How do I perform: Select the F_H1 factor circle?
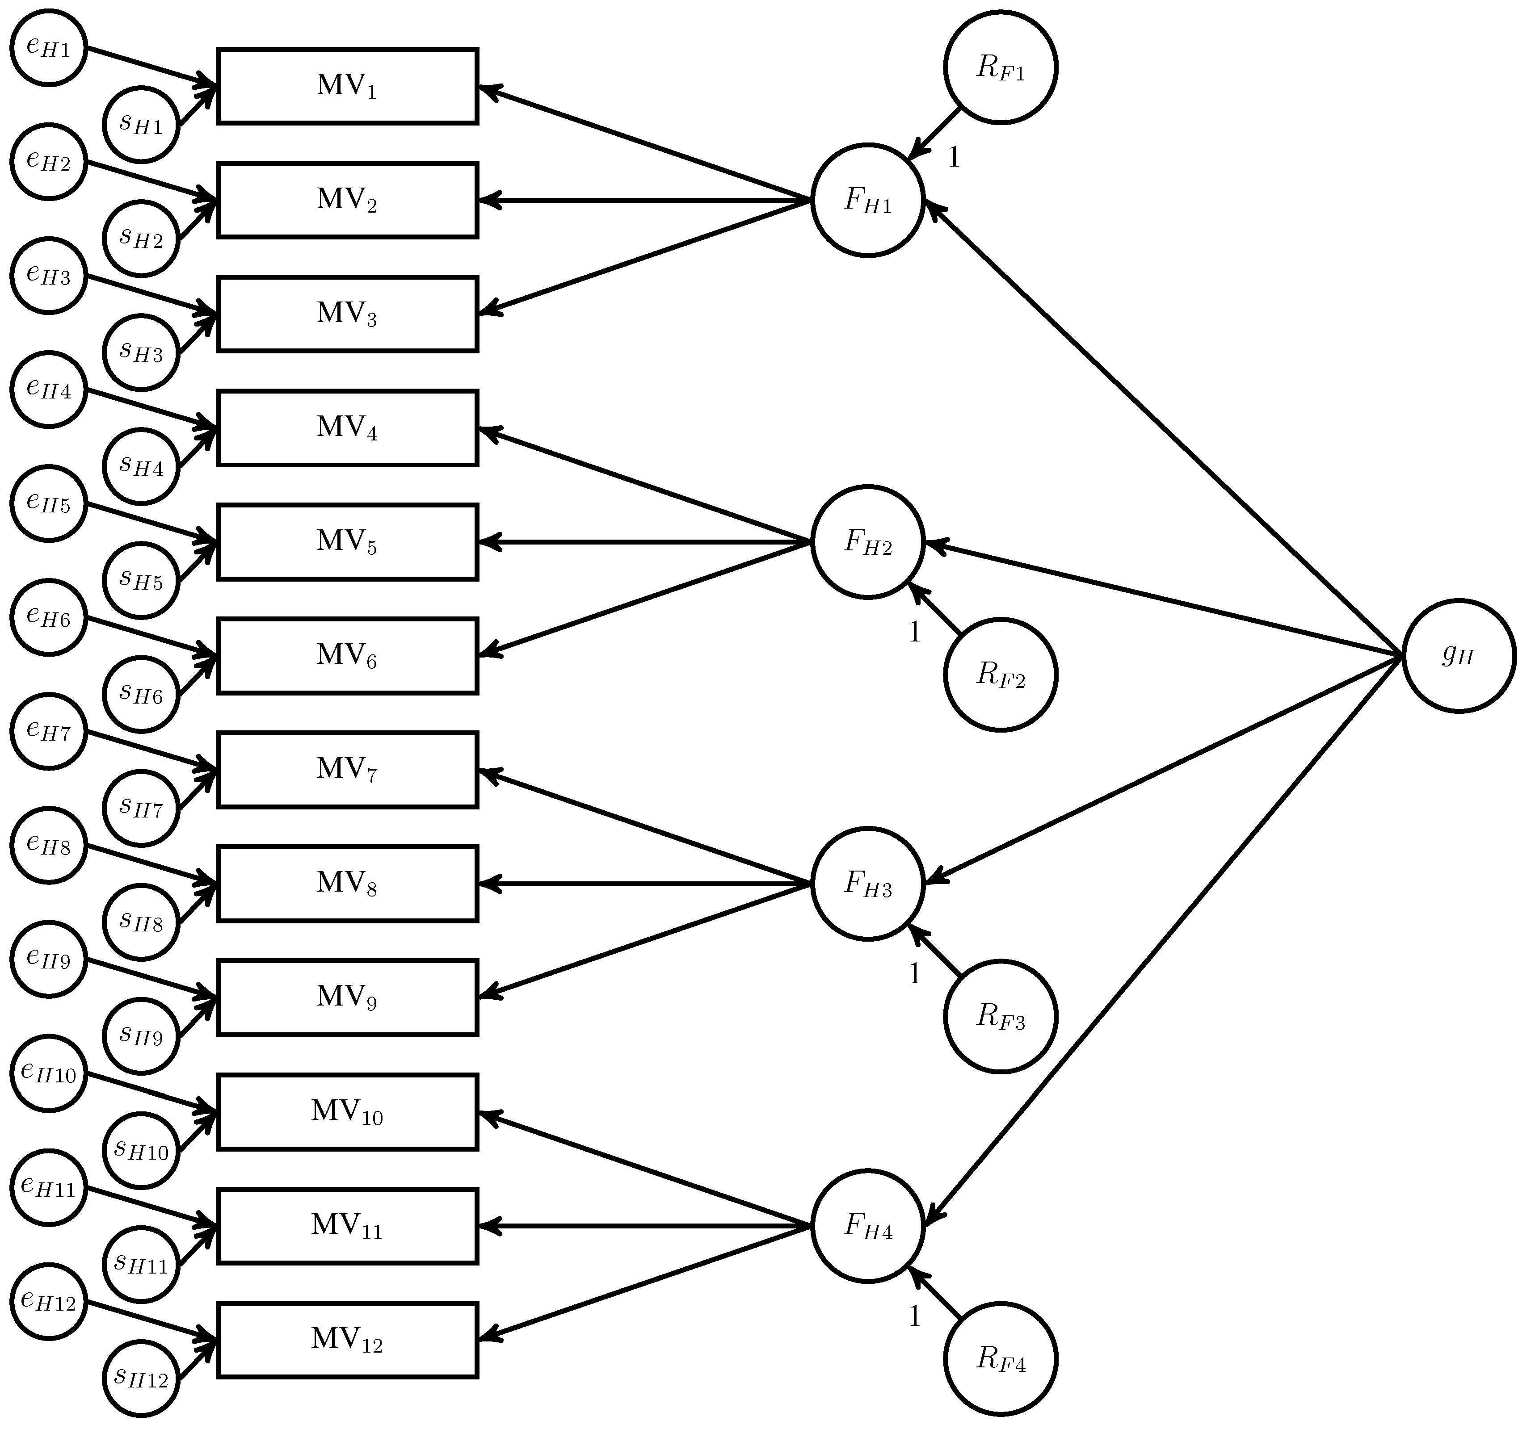pos(867,200)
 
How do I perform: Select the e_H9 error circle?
pos(49,959)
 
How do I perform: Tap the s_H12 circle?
pos(141,1378)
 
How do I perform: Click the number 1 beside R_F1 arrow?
pos(953,158)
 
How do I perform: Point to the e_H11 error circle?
pos(49,1187)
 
